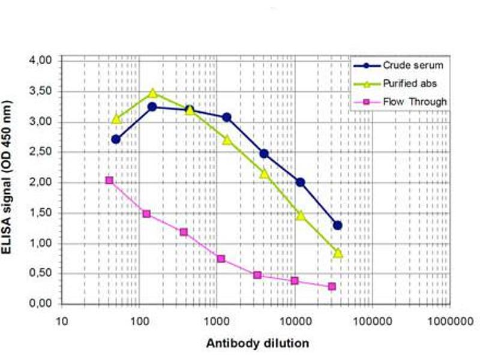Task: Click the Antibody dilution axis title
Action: click(x=258, y=344)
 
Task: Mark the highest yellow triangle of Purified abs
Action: click(x=152, y=93)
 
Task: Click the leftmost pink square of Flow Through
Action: click(x=109, y=181)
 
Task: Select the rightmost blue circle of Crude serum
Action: click(x=338, y=226)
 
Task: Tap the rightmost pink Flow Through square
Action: click(x=332, y=286)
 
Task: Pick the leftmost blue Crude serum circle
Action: click(x=116, y=139)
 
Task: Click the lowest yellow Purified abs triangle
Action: click(x=338, y=253)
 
